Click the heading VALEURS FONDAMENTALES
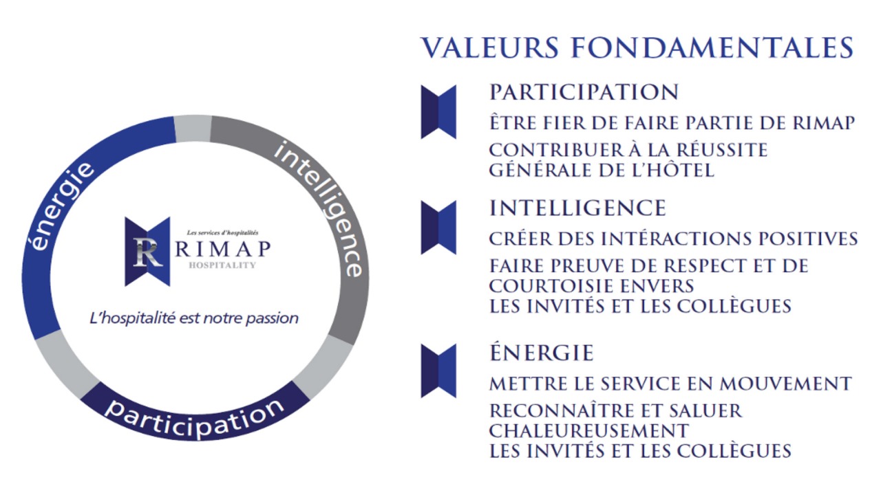637,47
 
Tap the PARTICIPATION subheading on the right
584,92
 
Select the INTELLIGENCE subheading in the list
577,208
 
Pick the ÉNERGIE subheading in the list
541,353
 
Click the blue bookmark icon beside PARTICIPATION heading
438,111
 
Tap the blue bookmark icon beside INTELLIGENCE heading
438,227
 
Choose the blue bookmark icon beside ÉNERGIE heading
438,371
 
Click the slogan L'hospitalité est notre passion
195,318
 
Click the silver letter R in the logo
147,252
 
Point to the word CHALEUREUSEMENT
588,430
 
